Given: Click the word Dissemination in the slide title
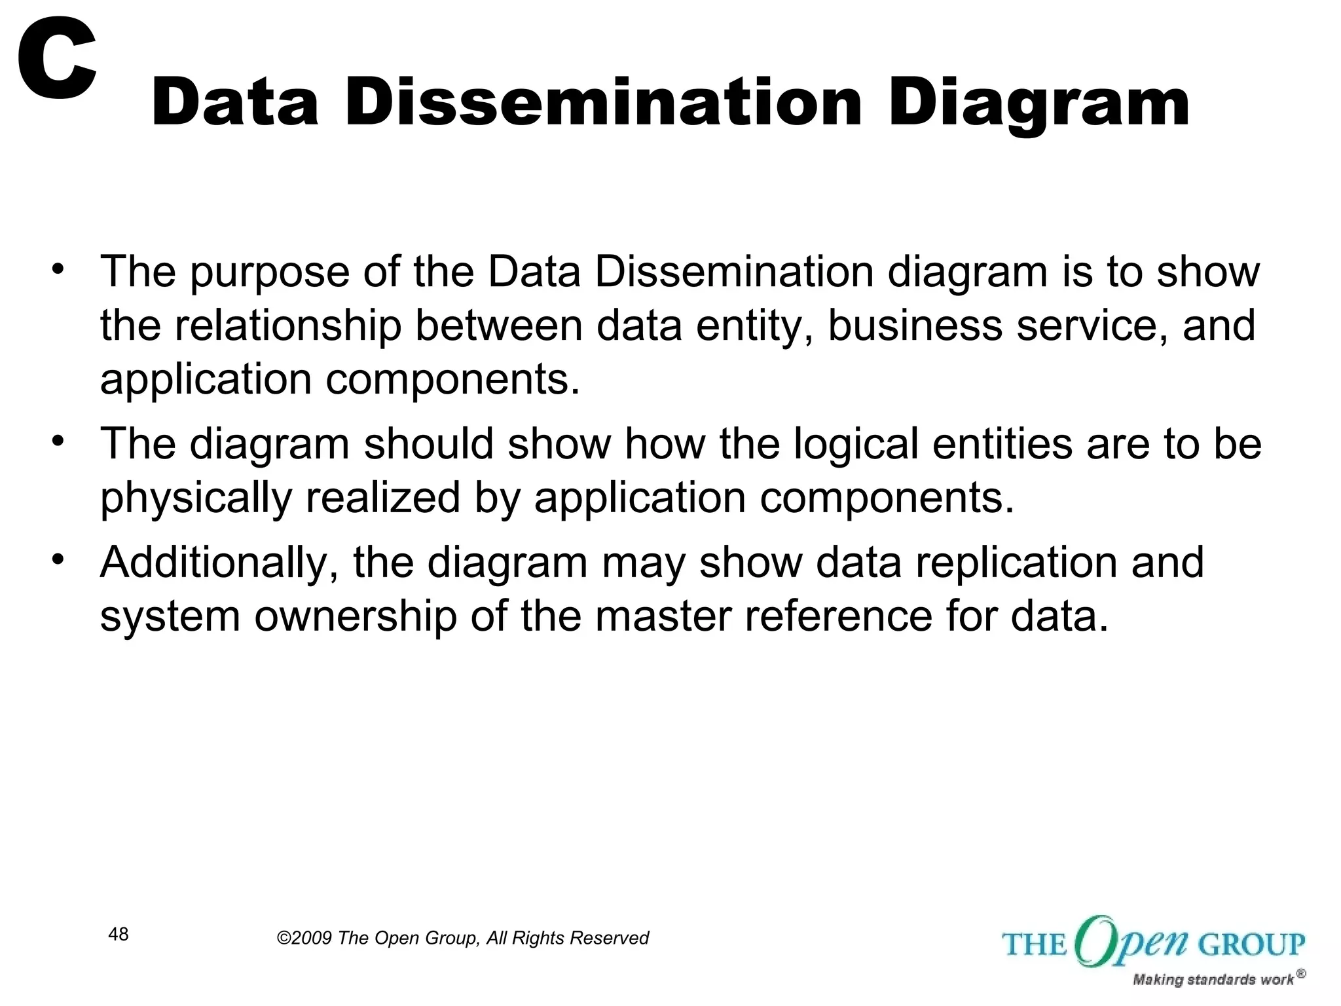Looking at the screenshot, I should pos(602,102).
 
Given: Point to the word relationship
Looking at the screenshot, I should pos(287,326).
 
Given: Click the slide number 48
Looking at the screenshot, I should pos(119,935).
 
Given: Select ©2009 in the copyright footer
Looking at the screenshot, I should pos(304,939).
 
